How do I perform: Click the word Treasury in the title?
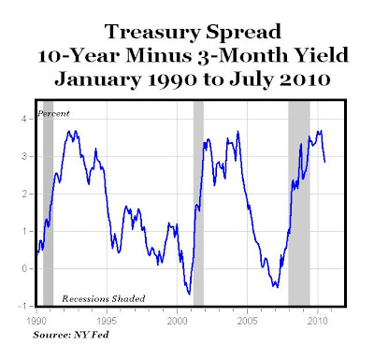(152, 33)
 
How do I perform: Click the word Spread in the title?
(244, 33)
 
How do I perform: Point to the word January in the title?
(97, 79)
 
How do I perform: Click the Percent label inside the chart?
(53, 114)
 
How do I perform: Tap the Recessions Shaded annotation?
(104, 299)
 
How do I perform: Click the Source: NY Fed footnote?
(71, 335)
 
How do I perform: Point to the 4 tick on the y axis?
(24, 120)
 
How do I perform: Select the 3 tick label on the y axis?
(24, 156)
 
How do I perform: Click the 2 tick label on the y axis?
(24, 194)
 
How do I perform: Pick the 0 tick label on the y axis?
(24, 268)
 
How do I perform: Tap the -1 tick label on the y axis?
(22, 306)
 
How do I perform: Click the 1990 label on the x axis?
(36, 321)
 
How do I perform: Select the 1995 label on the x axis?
(107, 321)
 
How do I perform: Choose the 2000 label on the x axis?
(177, 321)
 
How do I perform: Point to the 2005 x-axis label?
(247, 321)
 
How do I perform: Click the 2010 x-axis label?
(318, 321)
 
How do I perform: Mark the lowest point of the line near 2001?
(189, 294)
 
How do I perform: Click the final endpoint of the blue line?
(325, 162)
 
